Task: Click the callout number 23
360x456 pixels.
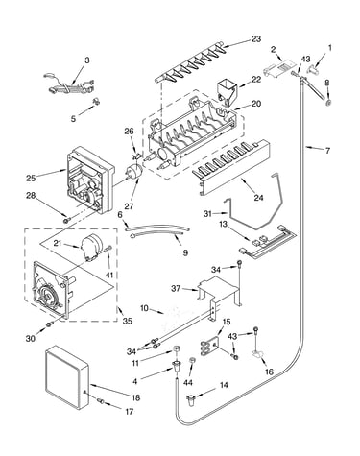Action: pos(255,39)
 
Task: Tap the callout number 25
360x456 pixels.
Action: pos(31,178)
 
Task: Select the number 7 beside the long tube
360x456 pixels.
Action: pos(327,151)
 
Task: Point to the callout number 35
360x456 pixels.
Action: pos(127,321)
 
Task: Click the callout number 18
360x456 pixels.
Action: pos(135,397)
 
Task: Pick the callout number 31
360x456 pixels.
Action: pos(207,213)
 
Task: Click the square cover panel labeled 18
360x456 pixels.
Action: pos(67,378)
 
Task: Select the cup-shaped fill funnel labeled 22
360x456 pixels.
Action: pos(227,92)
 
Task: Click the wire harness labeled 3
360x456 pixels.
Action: pos(70,84)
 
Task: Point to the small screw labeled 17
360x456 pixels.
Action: pos(100,401)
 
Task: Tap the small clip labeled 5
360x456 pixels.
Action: pos(96,102)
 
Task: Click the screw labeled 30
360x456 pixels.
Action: pos(49,324)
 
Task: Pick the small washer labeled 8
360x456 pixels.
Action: pos(328,103)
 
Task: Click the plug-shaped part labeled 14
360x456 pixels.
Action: pos(191,400)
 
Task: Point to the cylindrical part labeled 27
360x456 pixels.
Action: pos(133,171)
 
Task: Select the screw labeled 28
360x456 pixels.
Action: pos(66,220)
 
